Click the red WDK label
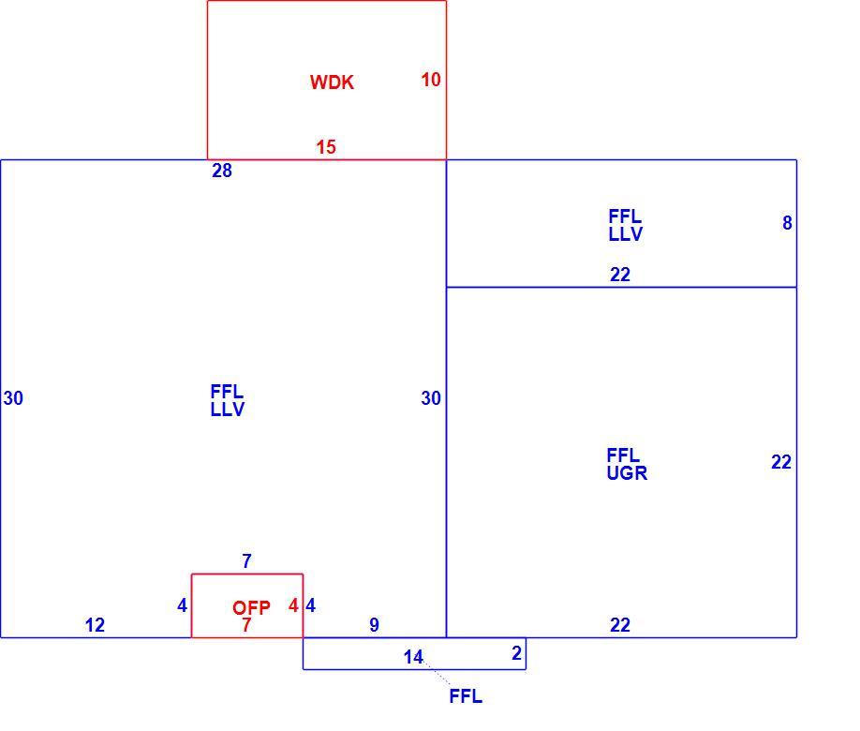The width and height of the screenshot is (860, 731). (332, 82)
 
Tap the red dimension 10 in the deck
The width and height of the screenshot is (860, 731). (431, 80)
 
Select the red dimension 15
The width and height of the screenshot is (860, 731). (326, 146)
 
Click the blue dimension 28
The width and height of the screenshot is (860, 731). (222, 171)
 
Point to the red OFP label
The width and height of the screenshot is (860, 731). (251, 607)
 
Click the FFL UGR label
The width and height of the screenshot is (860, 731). (627, 464)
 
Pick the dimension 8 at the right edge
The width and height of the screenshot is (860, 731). (787, 223)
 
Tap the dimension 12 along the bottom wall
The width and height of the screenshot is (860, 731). (95, 624)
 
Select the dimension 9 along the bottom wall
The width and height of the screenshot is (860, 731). (374, 624)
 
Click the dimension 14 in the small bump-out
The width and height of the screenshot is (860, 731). (413, 657)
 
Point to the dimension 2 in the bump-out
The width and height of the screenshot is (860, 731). (516, 653)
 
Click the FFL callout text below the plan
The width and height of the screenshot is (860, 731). (466, 696)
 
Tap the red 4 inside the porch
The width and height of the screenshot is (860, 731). (293, 605)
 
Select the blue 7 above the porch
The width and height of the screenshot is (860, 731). (246, 560)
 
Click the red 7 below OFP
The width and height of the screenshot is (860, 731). (246, 624)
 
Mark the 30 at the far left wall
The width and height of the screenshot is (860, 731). (13, 398)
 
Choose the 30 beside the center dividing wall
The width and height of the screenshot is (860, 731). (431, 398)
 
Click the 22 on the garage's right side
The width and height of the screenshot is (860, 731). (781, 462)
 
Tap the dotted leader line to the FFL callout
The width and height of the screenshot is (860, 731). (437, 673)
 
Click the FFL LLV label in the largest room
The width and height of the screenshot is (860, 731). (227, 400)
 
